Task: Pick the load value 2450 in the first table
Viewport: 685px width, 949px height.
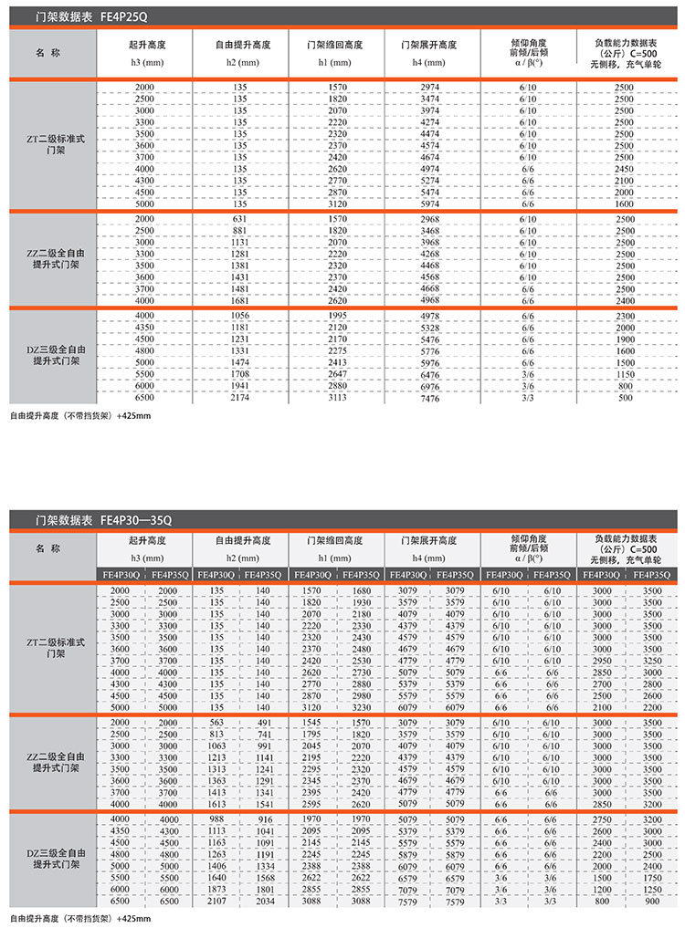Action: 624,169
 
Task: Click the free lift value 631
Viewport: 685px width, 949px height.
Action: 240,219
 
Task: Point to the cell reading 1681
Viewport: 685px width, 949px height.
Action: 240,300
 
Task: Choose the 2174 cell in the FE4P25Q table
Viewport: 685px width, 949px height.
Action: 240,398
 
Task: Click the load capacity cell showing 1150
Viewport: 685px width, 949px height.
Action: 624,374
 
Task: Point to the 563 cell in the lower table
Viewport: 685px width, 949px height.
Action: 216,721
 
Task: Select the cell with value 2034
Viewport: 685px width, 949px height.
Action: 265,900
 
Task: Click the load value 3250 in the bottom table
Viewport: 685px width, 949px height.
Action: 650,660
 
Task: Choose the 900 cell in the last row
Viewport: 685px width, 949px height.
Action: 650,900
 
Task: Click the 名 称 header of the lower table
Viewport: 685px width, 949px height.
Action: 54,548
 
